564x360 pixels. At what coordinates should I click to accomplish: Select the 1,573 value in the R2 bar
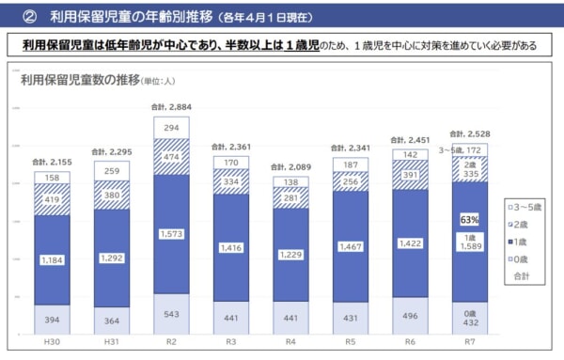pos(171,234)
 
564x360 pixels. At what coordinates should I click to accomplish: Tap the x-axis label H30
pos(51,344)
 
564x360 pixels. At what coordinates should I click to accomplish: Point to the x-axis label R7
pos(471,344)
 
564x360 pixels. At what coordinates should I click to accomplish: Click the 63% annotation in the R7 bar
pos(470,220)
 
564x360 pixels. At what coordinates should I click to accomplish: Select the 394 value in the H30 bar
pos(51,320)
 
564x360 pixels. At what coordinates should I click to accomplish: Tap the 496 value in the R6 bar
pos(411,316)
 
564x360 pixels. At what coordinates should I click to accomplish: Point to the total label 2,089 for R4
pos(291,166)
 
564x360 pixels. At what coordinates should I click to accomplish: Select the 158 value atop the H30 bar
pos(51,177)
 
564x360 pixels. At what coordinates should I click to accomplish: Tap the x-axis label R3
pos(231,344)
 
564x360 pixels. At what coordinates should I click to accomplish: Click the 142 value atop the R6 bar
pos(411,154)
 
